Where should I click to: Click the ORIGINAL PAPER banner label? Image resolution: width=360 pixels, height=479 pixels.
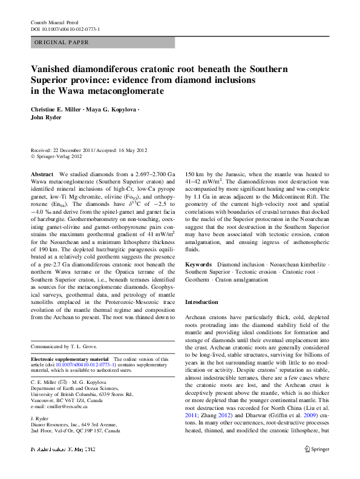tap(61, 42)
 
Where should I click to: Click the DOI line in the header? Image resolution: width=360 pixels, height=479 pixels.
tap(65, 29)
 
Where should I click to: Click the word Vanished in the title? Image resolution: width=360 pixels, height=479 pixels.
tap(53, 70)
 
